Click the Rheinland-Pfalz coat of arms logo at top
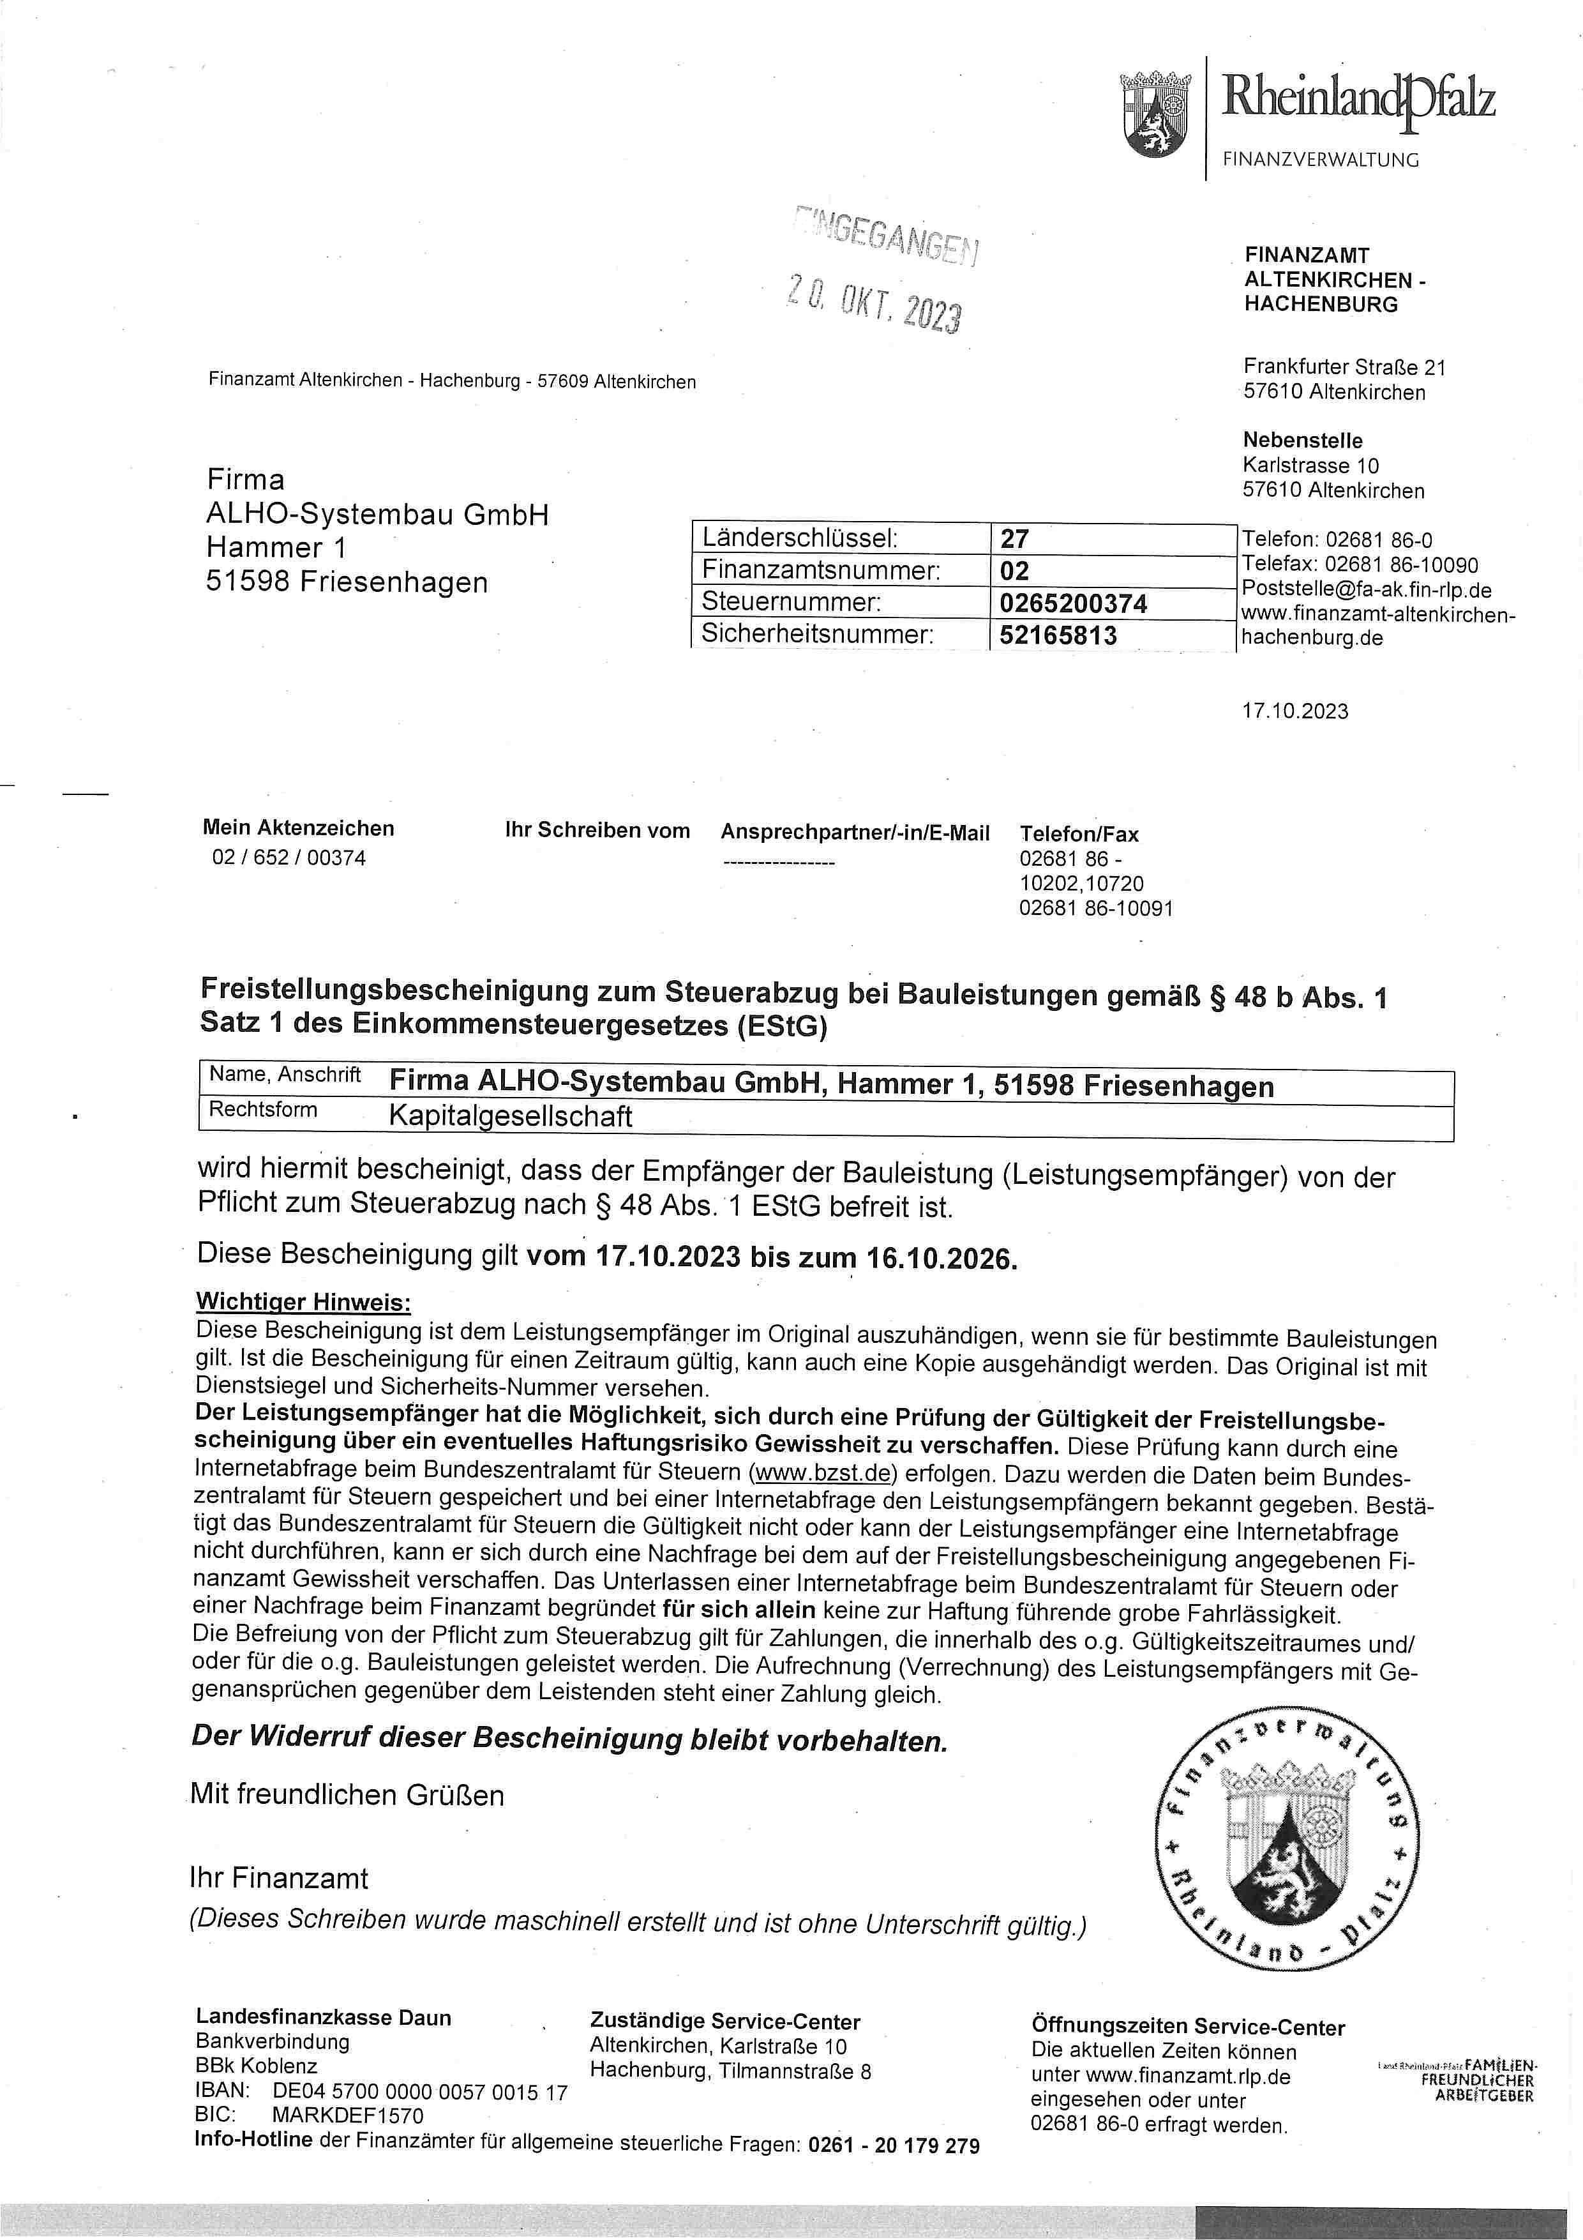1157,114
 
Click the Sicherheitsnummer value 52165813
1058,635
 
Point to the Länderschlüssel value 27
1014,538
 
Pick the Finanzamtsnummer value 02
1014,571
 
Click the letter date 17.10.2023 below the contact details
1294,711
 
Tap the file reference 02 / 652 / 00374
289,859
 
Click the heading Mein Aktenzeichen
299,828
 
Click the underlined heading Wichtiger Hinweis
303,1303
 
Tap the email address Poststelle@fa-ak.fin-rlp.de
1365,590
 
